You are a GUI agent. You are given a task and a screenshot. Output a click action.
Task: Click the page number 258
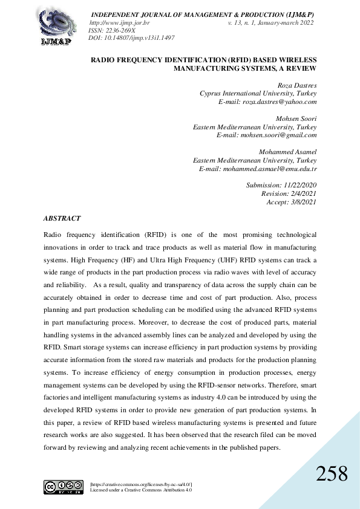(332, 473)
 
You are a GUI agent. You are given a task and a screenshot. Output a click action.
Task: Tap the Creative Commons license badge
(63, 487)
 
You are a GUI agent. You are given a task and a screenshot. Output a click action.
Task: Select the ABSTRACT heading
(62, 218)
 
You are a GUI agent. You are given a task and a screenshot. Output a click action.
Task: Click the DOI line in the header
(131, 37)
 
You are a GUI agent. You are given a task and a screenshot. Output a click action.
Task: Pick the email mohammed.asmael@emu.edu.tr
(267, 169)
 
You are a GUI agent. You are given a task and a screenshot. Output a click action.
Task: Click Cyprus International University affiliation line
(258, 94)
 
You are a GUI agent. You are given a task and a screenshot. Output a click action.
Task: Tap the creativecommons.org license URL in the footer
(140, 484)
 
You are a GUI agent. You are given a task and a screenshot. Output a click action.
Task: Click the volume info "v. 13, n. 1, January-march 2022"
(270, 22)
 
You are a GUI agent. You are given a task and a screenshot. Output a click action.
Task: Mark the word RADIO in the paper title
(104, 60)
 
